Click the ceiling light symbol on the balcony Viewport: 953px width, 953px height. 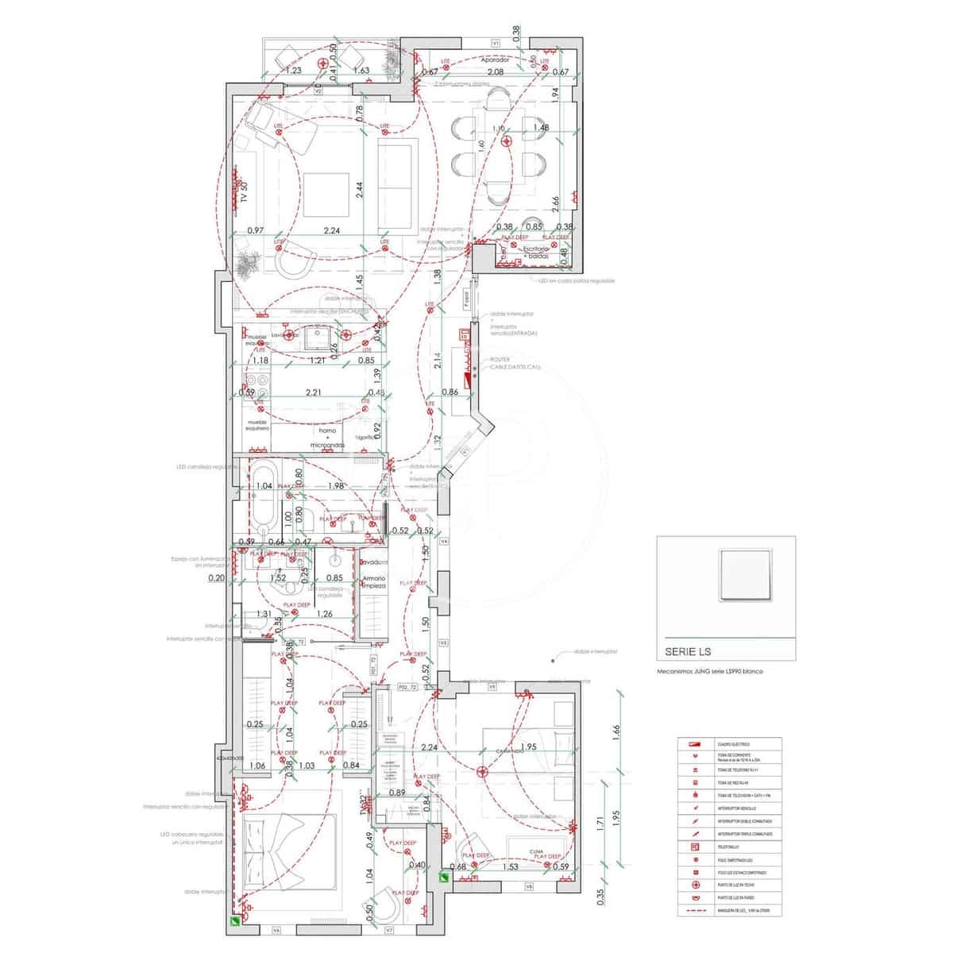click(322, 63)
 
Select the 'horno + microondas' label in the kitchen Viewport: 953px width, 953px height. click(326, 435)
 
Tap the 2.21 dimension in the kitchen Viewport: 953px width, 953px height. click(313, 392)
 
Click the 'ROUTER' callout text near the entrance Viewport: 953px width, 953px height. click(500, 359)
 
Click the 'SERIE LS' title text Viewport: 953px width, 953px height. click(688, 652)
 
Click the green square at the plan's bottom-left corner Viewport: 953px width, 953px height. click(236, 922)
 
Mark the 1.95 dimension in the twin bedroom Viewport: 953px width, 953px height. click(530, 747)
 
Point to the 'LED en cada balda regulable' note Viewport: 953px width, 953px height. click(577, 281)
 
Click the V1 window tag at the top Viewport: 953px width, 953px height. click(495, 42)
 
